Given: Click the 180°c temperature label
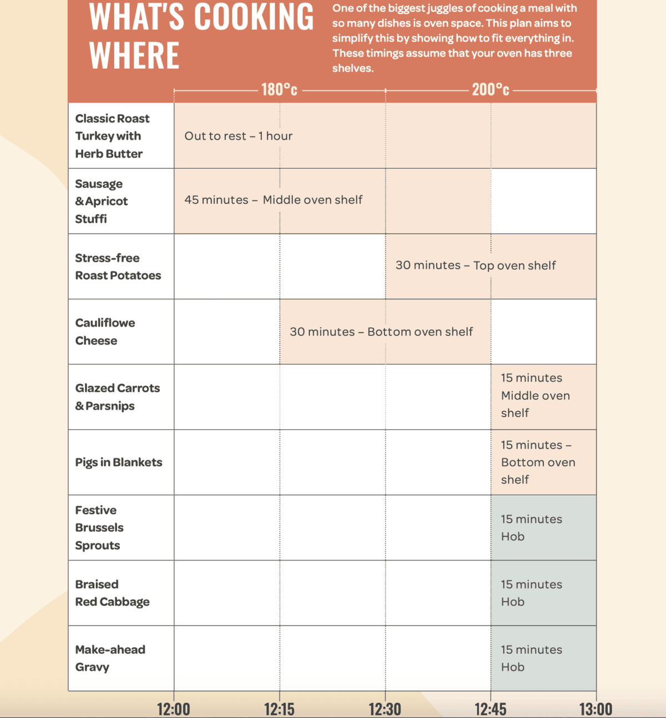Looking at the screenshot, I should point(279,89).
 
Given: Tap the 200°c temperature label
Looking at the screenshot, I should point(491,89).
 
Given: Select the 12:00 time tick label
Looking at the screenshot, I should point(174,709).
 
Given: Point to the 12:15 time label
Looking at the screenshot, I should point(279,709).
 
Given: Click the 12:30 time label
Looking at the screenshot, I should point(385,709).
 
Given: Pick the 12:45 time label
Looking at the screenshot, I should point(491,709).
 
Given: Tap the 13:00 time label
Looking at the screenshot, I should point(596,709).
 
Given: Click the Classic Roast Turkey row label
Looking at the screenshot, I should point(113,136).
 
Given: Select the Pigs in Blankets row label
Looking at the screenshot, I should point(119,462).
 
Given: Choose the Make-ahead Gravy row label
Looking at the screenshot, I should point(110,658).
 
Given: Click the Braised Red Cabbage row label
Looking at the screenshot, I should point(113,593).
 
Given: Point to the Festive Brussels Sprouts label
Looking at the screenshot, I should point(100,527).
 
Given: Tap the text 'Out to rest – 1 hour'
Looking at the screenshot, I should point(239,136).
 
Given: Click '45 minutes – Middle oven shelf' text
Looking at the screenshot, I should point(274,200).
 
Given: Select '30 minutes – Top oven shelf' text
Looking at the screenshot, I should point(476,266).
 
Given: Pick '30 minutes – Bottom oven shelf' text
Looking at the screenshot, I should point(381,332).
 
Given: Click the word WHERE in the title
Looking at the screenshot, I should point(134,55).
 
